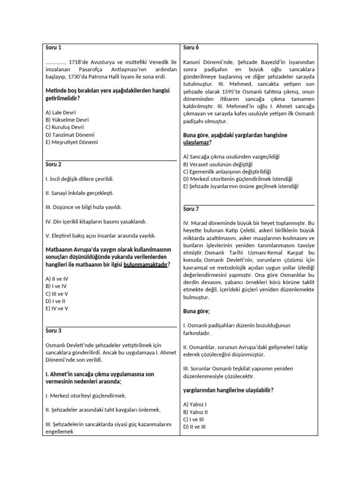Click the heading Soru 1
[x=53, y=47]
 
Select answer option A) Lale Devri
[x=60, y=112]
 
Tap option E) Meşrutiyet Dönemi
[x=72, y=142]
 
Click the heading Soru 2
[x=53, y=165]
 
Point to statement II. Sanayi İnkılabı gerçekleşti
[x=80, y=193]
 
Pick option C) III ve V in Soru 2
[x=58, y=294]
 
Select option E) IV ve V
[x=57, y=309]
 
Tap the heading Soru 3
[x=53, y=330]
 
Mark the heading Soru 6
[x=191, y=47]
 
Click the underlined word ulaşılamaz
[x=196, y=142]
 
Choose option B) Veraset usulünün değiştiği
[x=218, y=164]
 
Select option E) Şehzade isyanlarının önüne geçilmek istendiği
[x=240, y=186]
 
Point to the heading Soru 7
[x=191, y=209]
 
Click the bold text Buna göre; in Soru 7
[x=196, y=311]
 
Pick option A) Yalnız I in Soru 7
[x=195, y=404]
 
